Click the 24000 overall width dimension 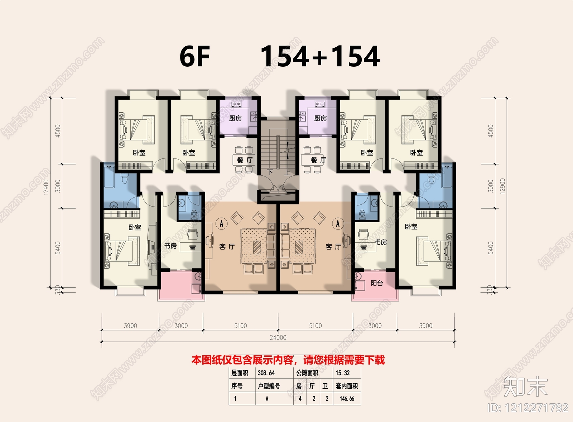pyautogui.click(x=278, y=337)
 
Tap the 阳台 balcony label pyautogui.click(x=377, y=283)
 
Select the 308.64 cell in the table pyautogui.click(x=266, y=373)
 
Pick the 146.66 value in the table pyautogui.click(x=347, y=398)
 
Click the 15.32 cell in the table pyautogui.click(x=343, y=373)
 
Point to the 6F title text pyautogui.click(x=195, y=56)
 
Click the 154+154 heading pyautogui.click(x=320, y=56)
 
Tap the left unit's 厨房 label pyautogui.click(x=235, y=118)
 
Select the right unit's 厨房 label pyautogui.click(x=321, y=118)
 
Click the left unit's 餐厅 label pyautogui.click(x=245, y=160)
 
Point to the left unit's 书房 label pyautogui.click(x=170, y=246)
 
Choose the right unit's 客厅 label pyautogui.click(x=333, y=247)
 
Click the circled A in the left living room pyautogui.click(x=222, y=224)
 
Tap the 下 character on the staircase pyautogui.click(x=270, y=172)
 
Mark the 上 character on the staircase pyautogui.click(x=287, y=172)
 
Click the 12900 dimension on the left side pyautogui.click(x=46, y=187)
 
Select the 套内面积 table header pyautogui.click(x=347, y=386)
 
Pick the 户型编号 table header pyautogui.click(x=269, y=386)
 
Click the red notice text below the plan pyautogui.click(x=288, y=360)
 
